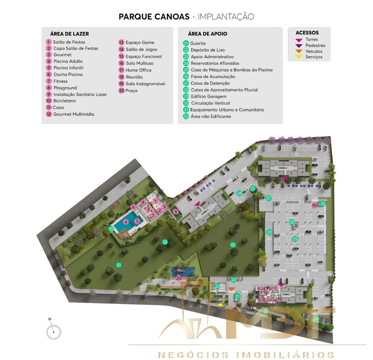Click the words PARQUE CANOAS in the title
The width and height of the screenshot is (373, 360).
click(x=154, y=17)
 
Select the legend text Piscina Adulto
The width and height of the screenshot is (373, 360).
click(x=68, y=61)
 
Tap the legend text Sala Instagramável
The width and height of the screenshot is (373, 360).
click(x=145, y=84)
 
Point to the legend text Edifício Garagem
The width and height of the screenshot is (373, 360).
click(x=209, y=97)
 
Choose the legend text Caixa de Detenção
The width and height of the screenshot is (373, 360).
click(x=210, y=83)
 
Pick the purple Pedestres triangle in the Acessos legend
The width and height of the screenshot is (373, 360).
click(x=299, y=45)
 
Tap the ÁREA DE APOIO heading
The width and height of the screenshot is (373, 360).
click(x=207, y=34)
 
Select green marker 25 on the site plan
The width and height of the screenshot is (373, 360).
click(x=111, y=229)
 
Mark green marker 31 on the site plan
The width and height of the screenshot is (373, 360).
click(x=119, y=265)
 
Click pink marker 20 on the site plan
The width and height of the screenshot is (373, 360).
click(x=179, y=278)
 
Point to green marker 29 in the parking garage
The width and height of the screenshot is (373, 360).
click(x=295, y=239)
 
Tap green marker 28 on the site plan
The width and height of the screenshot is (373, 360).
click(x=239, y=193)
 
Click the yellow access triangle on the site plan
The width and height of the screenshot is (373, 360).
click(x=221, y=305)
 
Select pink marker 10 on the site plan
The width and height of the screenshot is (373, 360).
click(x=314, y=205)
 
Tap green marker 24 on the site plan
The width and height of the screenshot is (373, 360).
click(x=316, y=319)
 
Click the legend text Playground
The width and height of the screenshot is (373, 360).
click(x=65, y=88)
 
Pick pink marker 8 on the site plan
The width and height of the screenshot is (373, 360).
click(x=176, y=212)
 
